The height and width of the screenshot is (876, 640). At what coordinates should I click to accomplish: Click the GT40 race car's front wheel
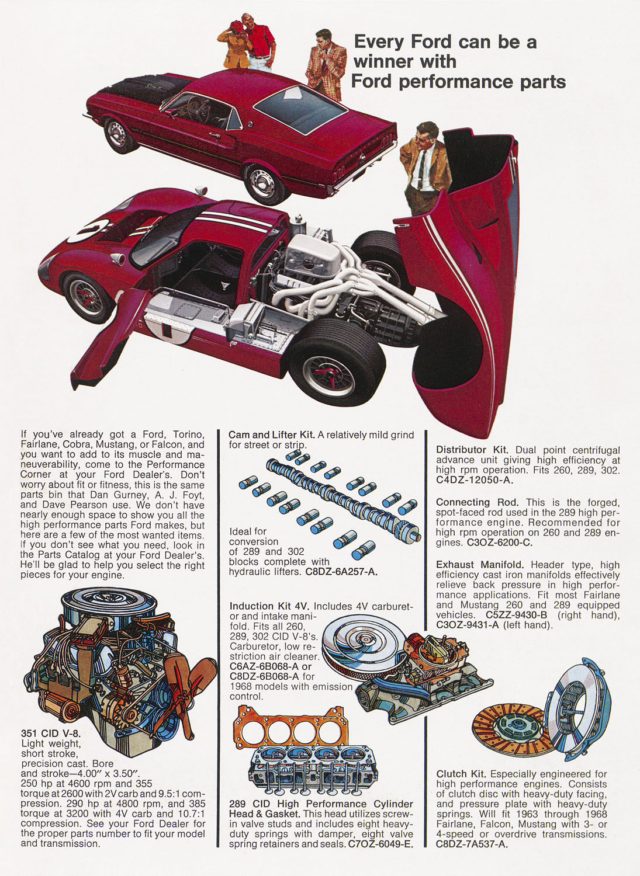pyautogui.click(x=87, y=298)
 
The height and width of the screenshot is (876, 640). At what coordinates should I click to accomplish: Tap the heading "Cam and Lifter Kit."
pyautogui.click(x=272, y=435)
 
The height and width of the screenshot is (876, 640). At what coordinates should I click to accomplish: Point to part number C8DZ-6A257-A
pyautogui.click(x=341, y=572)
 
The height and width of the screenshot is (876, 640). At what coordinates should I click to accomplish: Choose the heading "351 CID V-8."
pyautogui.click(x=51, y=734)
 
